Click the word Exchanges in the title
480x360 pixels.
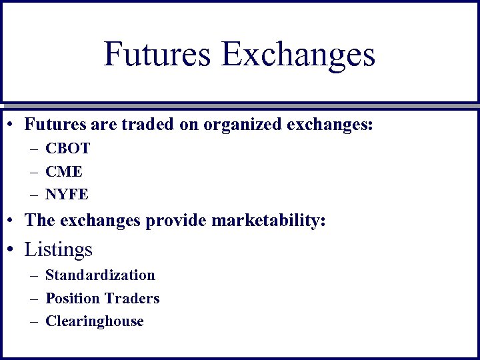tap(299, 55)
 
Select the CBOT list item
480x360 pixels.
tap(67, 149)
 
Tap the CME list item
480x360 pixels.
tap(64, 171)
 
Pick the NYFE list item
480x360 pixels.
tap(67, 195)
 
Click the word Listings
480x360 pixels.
tap(58, 249)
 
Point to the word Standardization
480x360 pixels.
tap(100, 275)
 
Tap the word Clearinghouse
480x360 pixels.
tap(95, 321)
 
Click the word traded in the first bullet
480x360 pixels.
tap(133, 124)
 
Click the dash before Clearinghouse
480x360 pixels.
tap(33, 321)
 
